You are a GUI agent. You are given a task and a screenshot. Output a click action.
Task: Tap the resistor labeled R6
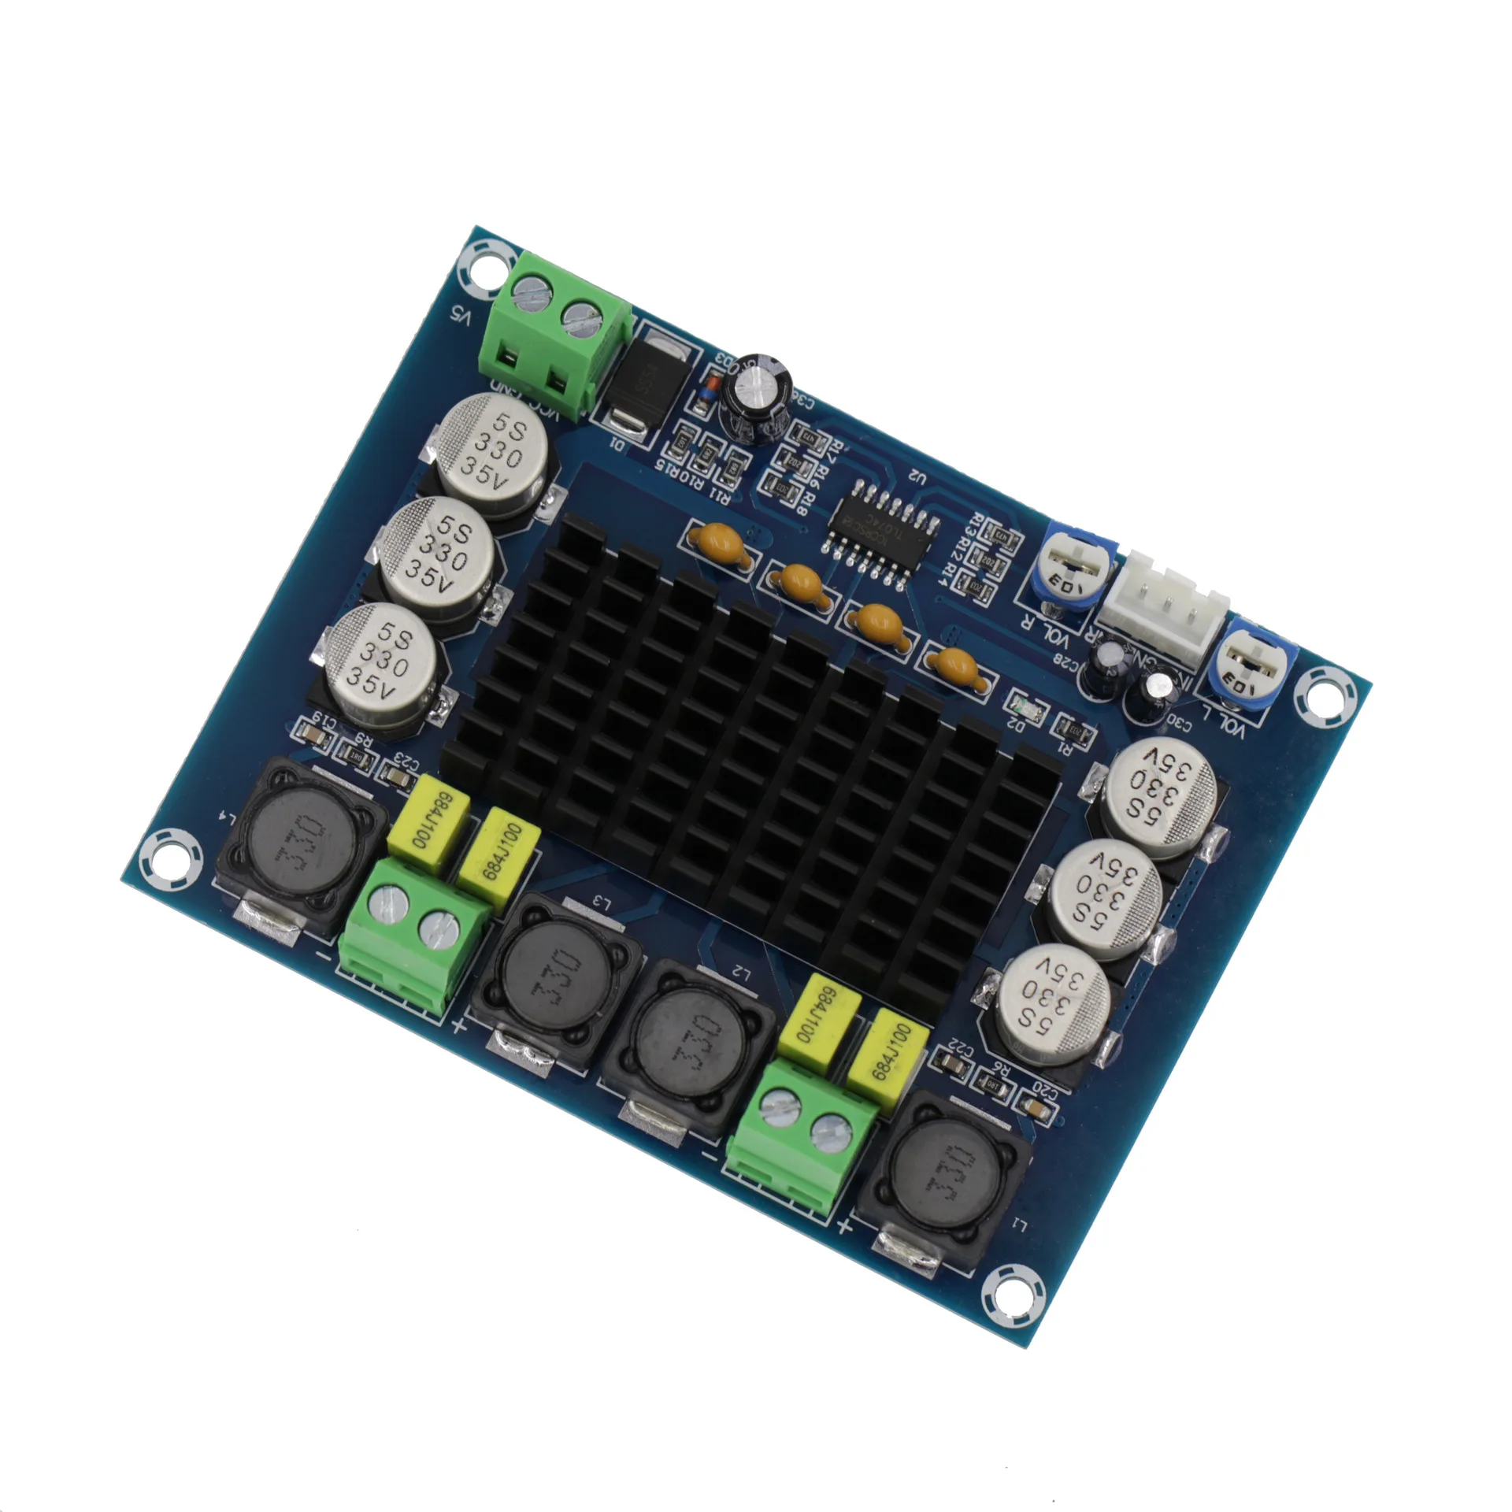[994, 1086]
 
